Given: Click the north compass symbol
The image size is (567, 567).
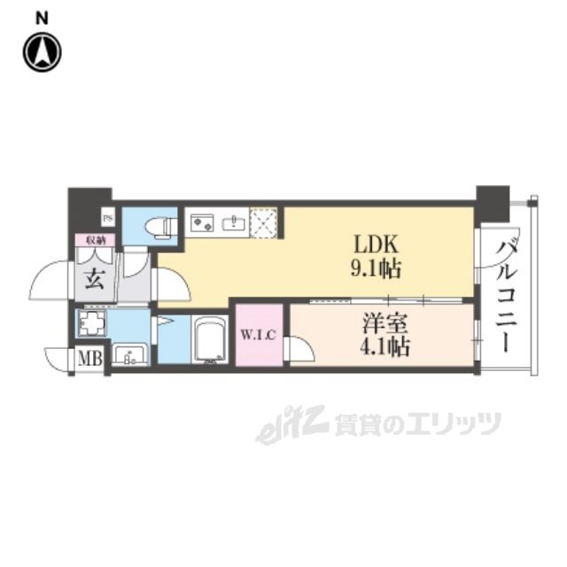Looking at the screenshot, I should coord(41,52).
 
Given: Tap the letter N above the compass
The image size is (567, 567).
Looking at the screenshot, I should coord(42,17).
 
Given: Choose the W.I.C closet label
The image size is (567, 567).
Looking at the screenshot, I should coord(260,334).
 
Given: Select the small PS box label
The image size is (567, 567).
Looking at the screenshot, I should coord(108,216).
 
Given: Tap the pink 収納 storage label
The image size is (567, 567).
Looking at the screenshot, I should coord(95,239).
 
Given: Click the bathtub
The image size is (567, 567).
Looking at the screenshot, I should coord(211,340).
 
